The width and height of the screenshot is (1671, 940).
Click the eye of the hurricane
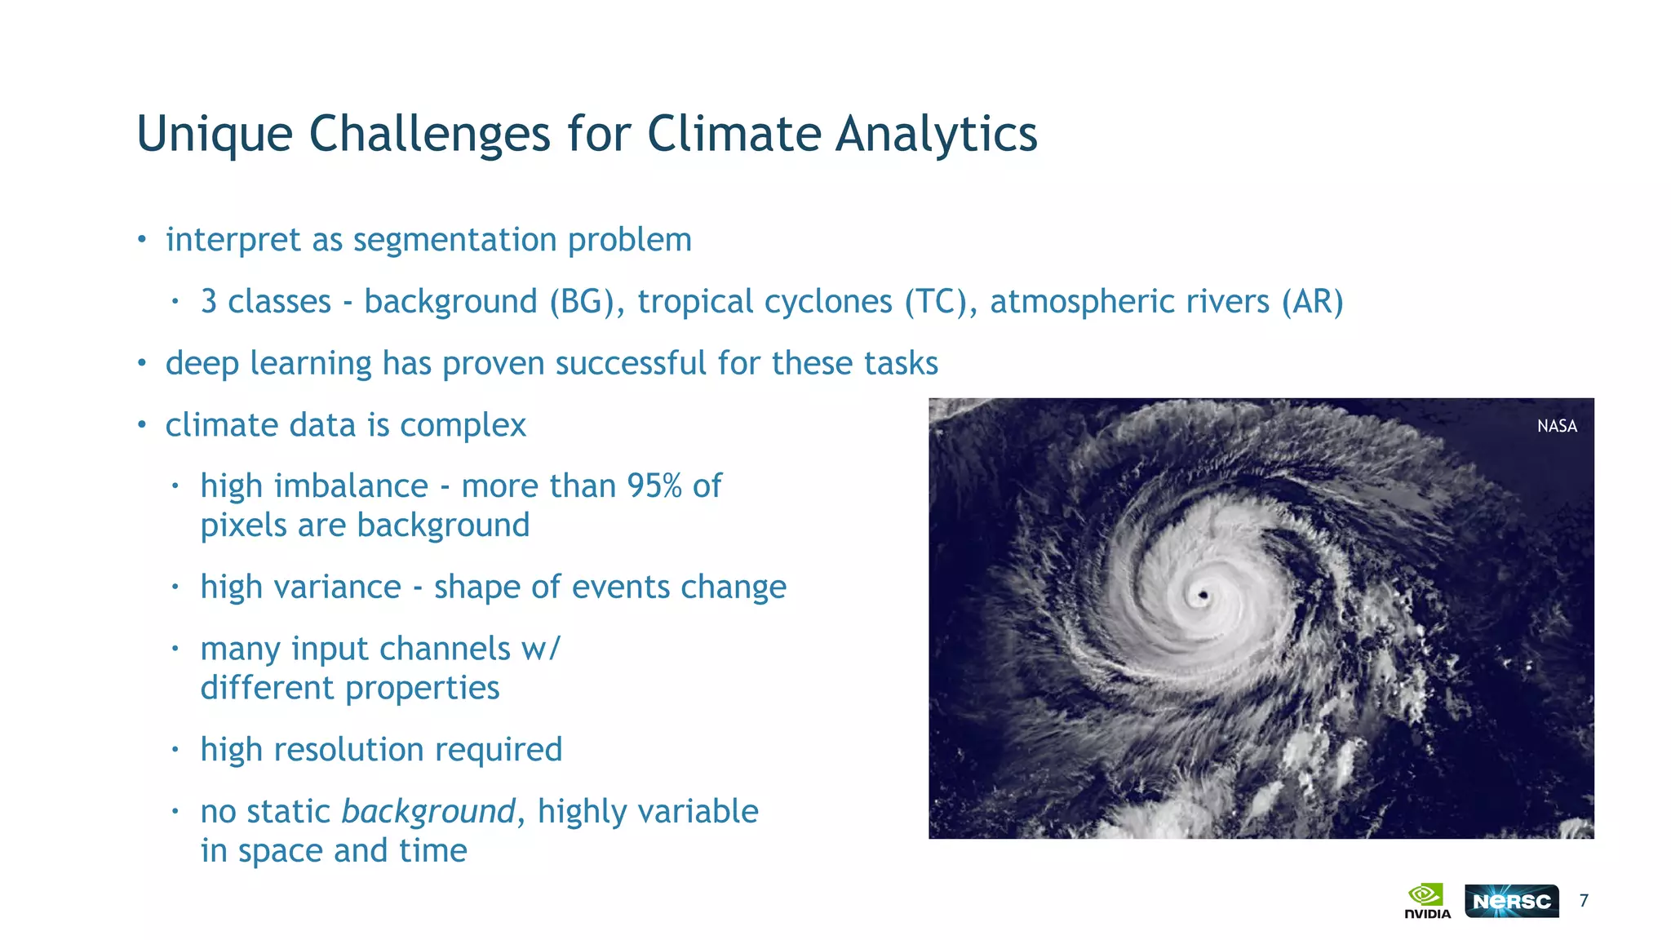point(1203,596)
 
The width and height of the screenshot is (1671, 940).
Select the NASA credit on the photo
point(1557,426)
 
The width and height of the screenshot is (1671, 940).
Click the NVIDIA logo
point(1427,901)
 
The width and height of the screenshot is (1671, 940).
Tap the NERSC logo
point(1511,901)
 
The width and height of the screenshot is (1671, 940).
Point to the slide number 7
point(1584,901)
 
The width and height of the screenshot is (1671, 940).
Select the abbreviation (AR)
point(1312,302)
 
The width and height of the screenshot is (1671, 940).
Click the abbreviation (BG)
point(587,302)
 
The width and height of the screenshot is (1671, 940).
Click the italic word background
point(428,812)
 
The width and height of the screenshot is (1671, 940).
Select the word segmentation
point(454,241)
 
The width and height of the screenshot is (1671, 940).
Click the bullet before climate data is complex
point(142,425)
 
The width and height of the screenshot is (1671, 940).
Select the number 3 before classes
point(209,302)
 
